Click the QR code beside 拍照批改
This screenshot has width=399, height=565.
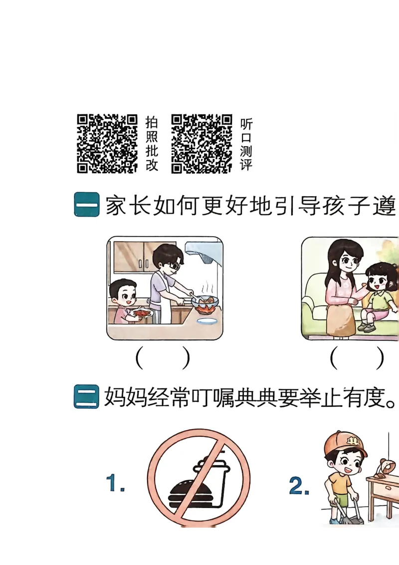click(x=107, y=144)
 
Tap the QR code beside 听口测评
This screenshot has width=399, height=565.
click(x=201, y=144)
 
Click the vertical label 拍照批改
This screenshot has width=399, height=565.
click(x=152, y=143)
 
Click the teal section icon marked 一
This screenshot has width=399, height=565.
click(x=86, y=205)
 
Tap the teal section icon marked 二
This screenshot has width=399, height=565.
click(x=86, y=397)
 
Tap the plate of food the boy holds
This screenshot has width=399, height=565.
click(x=142, y=313)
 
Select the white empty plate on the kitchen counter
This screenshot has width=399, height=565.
click(x=207, y=321)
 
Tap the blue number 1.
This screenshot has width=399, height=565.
click(x=115, y=483)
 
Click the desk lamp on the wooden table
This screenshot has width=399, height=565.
click(x=387, y=467)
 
